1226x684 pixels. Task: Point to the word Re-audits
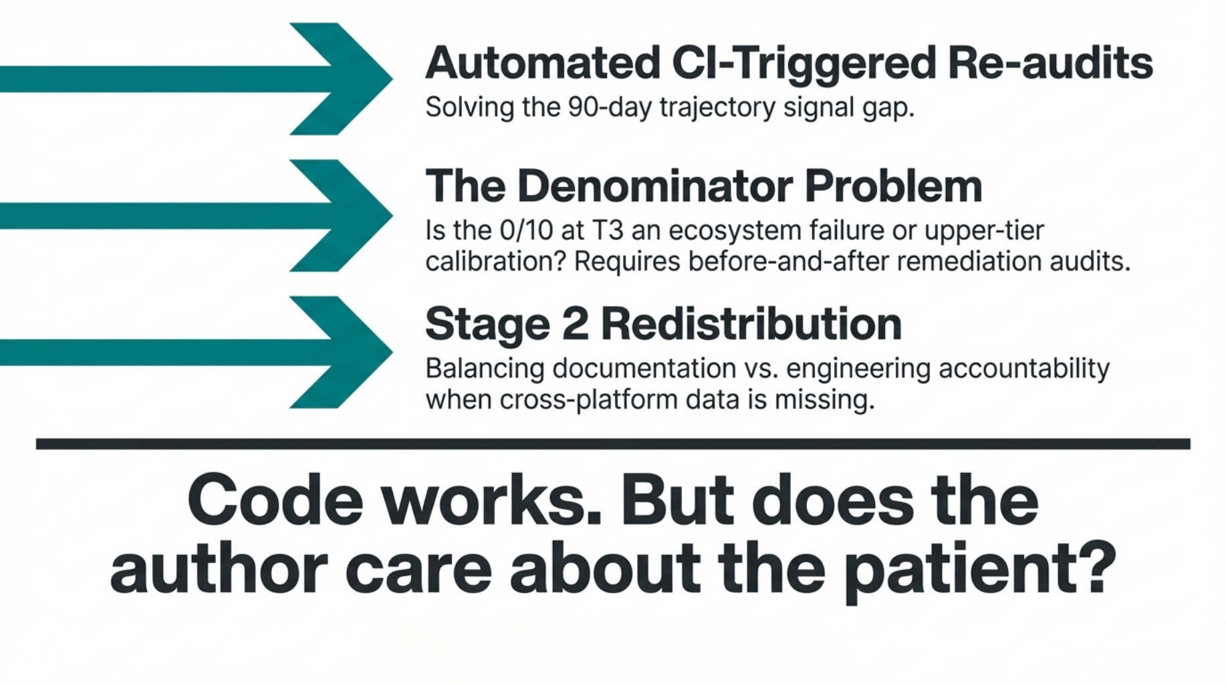point(1050,63)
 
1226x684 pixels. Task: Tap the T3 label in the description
point(608,230)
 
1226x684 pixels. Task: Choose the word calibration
point(496,261)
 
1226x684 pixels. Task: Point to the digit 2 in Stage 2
point(576,324)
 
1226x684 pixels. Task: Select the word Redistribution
point(751,324)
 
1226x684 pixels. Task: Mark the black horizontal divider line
point(613,444)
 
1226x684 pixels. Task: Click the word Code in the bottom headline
point(275,501)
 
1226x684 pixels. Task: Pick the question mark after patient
point(1096,566)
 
